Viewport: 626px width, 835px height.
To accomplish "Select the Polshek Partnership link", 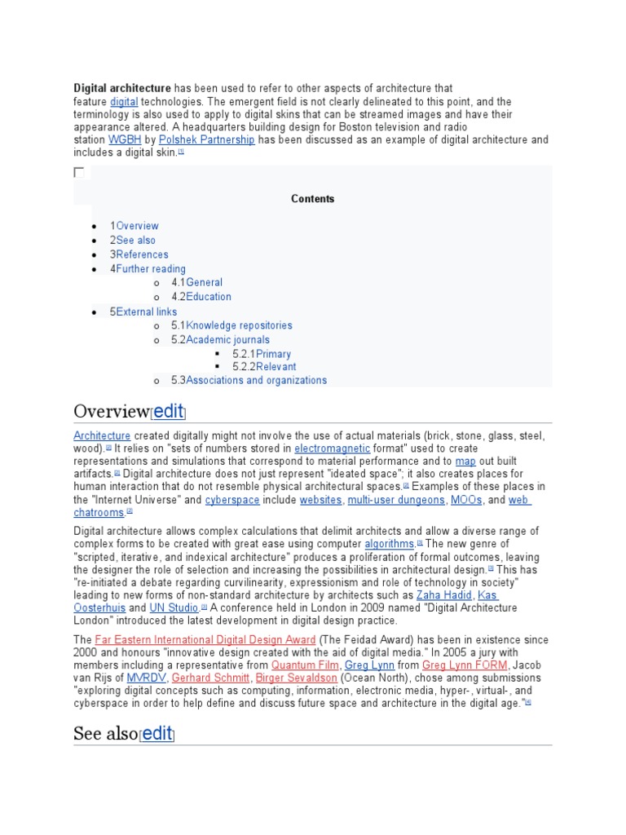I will pyautogui.click(x=206, y=140).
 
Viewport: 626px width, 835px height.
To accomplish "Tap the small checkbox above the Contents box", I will pyautogui.click(x=79, y=172).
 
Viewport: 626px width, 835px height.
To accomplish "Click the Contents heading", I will pyautogui.click(x=313, y=199).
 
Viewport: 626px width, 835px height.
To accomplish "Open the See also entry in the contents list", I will pyautogui.click(x=135, y=241).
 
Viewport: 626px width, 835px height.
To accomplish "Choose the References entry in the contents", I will pyautogui.click(x=142, y=254).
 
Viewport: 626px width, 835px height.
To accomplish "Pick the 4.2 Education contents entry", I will pyautogui.click(x=208, y=297).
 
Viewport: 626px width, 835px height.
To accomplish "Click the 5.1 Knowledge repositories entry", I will pyautogui.click(x=239, y=325).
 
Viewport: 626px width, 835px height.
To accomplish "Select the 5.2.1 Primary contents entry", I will pyautogui.click(x=273, y=354).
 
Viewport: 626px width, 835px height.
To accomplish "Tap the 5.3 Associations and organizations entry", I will pyautogui.click(x=256, y=380).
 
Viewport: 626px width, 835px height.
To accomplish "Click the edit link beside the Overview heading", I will pyautogui.click(x=169, y=410).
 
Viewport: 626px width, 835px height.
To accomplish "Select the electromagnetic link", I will pyautogui.click(x=332, y=448).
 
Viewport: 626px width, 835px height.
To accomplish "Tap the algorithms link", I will pyautogui.click(x=390, y=544).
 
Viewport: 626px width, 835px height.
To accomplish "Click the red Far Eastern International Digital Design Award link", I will pyautogui.click(x=205, y=640).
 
